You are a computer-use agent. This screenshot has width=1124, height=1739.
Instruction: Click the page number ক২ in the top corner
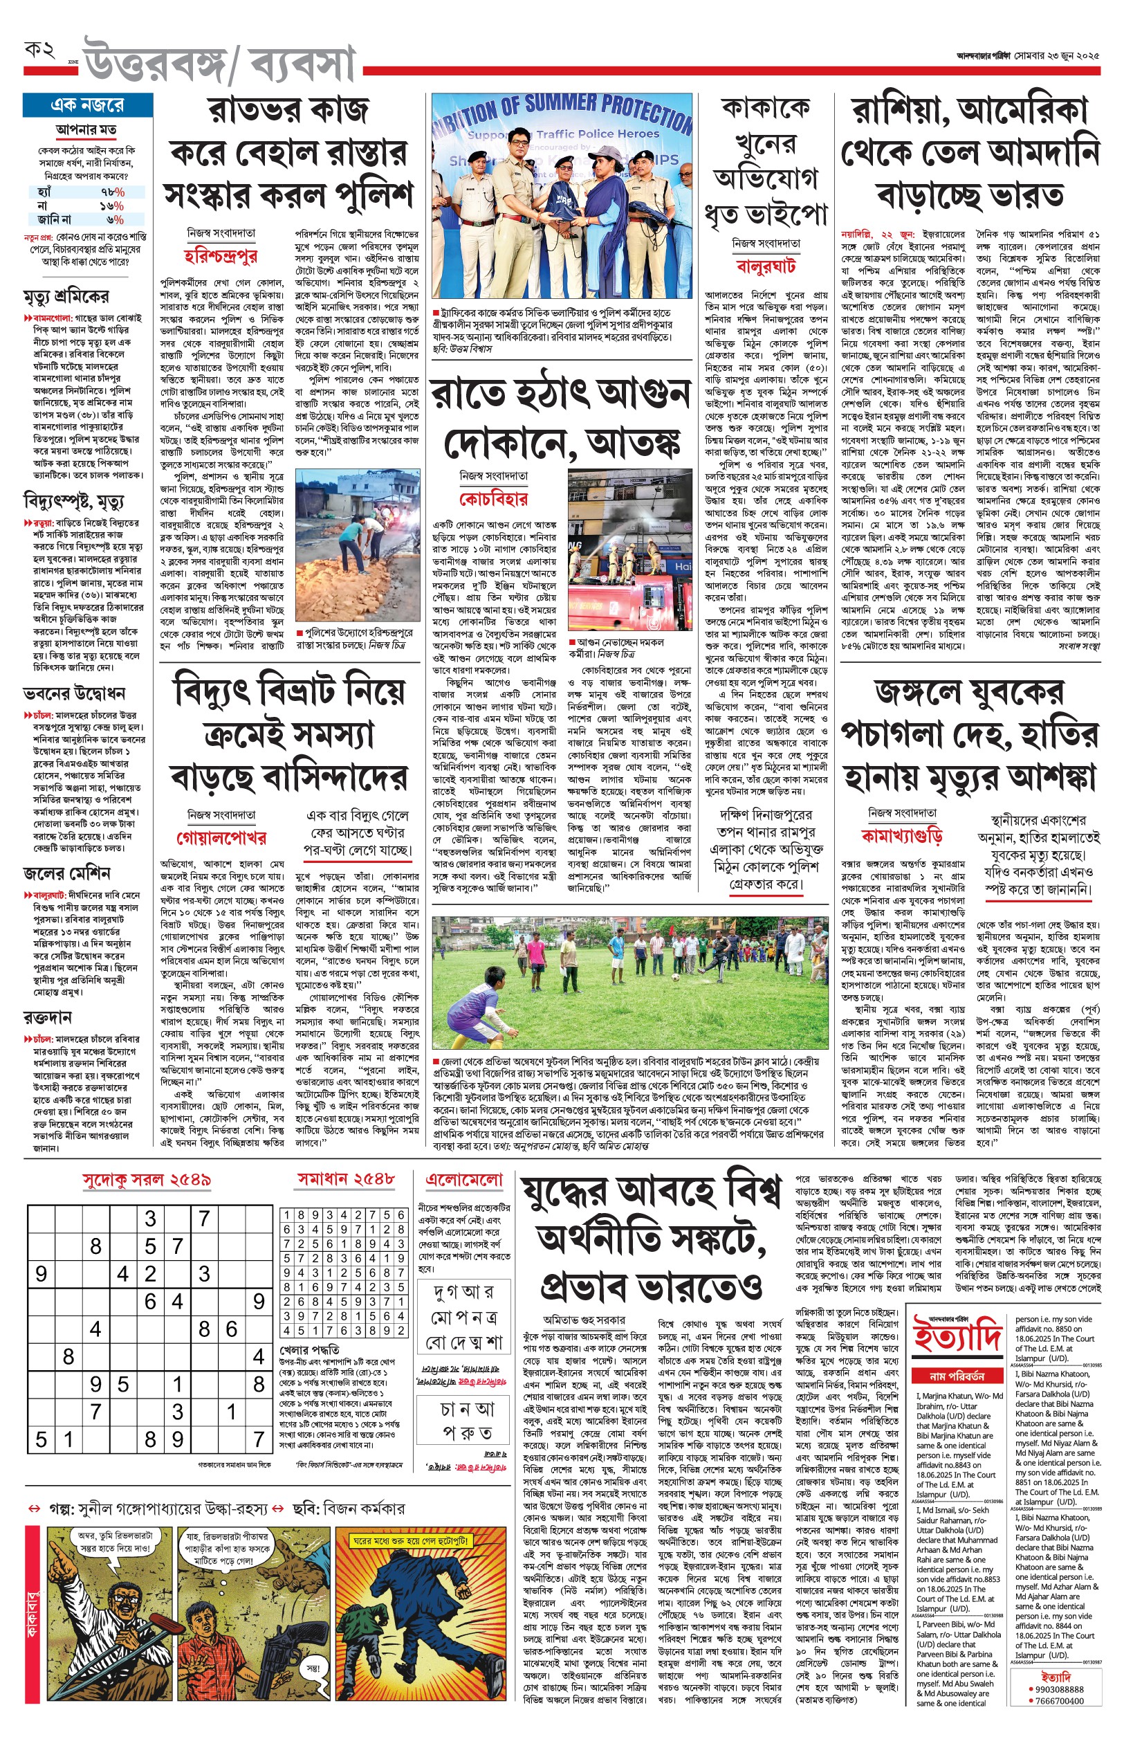pos(40,51)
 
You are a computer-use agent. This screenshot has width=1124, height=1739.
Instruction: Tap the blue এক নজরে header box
pos(88,105)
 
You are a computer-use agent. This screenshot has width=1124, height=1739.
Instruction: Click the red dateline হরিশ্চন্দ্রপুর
pos(221,255)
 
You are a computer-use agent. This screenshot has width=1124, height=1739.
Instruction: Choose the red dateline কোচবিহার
pos(493,500)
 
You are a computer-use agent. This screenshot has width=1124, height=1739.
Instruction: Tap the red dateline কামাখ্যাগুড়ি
pos(902,835)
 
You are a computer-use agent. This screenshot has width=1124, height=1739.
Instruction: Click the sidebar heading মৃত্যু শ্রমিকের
pos(66,296)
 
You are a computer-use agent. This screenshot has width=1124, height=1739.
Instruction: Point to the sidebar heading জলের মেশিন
pos(66,873)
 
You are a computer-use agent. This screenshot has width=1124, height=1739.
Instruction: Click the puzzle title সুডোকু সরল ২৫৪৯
pos(147,1180)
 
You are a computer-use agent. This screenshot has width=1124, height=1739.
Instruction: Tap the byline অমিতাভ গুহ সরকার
pos(584,1319)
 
